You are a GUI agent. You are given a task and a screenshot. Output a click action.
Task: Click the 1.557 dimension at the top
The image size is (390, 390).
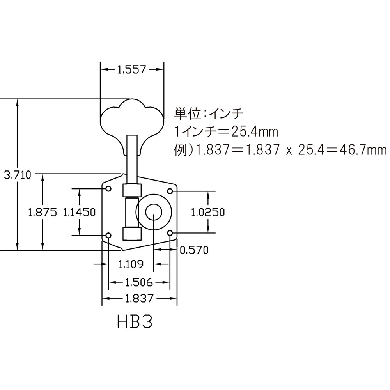[131, 70]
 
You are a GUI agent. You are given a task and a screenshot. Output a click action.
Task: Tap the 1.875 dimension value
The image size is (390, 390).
[43, 212]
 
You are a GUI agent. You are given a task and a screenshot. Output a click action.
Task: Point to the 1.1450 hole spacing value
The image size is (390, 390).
[79, 212]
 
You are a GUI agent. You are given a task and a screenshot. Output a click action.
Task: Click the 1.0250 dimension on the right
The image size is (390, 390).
[208, 212]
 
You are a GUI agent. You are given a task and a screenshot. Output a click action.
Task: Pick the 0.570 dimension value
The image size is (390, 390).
[194, 250]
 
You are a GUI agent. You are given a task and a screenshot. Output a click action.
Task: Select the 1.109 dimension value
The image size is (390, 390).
[131, 264]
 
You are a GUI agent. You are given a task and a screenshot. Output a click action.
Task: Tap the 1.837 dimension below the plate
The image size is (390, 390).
[139, 299]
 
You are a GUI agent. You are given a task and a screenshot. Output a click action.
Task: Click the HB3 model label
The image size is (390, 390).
[134, 322]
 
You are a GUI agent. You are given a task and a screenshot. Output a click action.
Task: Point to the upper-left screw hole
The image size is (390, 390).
[109, 189]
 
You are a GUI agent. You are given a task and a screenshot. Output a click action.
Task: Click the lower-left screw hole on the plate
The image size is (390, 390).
[109, 235]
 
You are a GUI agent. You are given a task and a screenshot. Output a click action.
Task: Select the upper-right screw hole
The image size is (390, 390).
[170, 191]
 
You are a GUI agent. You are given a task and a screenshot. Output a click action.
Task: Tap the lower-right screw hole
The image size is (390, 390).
[170, 233]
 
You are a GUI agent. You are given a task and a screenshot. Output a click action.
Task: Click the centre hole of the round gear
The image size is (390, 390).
[154, 212]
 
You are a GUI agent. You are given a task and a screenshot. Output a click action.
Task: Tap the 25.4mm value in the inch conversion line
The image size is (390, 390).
[254, 132]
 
